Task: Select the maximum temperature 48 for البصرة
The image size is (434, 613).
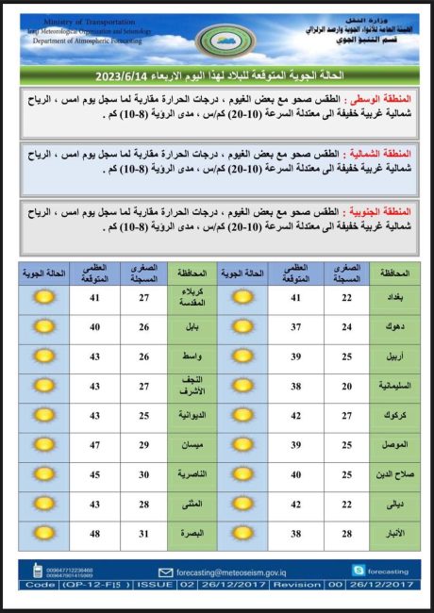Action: [94, 534]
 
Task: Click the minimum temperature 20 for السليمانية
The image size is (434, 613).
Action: [347, 387]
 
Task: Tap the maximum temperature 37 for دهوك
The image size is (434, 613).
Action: [296, 328]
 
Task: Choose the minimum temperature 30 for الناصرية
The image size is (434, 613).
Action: [143, 474]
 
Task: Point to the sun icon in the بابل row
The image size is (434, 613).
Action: [44, 327]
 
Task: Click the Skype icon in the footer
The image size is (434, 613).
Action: [358, 571]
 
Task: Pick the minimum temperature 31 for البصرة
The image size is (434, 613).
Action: [143, 534]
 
